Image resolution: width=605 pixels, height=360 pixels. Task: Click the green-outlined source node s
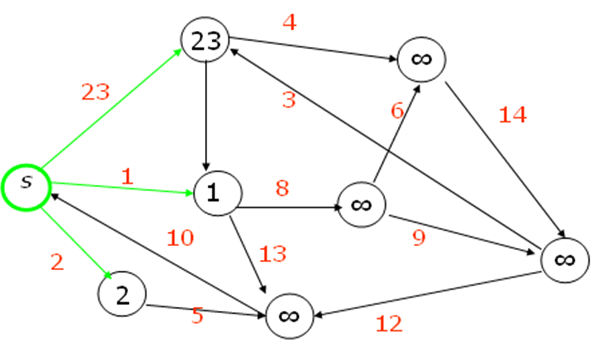(26, 187)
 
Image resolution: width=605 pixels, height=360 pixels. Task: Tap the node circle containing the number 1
(217, 193)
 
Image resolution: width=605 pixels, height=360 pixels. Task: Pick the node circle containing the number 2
(122, 294)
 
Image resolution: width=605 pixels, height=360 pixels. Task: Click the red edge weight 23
(95, 92)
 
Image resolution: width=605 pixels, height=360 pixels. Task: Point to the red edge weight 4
(289, 23)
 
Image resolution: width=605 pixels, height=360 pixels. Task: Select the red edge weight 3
(289, 100)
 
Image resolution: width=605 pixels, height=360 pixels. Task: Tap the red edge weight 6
(398, 110)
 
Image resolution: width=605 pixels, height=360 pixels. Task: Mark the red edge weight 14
(513, 115)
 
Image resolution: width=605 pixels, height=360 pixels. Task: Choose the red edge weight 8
(282, 189)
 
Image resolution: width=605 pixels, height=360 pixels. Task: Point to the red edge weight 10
(180, 238)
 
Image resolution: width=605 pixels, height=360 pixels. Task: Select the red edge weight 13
(272, 254)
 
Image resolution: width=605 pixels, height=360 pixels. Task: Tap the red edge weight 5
(198, 315)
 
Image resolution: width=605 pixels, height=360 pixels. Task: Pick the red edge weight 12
(389, 324)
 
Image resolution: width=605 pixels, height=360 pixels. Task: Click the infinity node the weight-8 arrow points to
(362, 205)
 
